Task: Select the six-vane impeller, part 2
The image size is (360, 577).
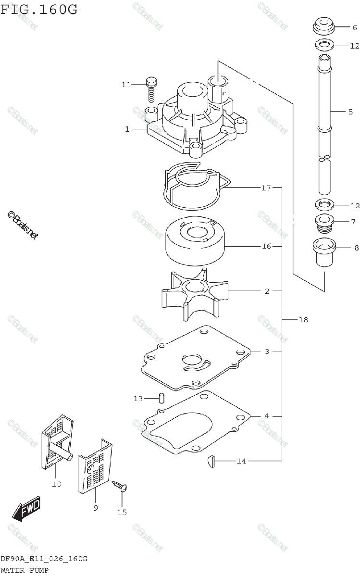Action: (195, 294)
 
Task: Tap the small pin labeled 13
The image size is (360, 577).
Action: (162, 398)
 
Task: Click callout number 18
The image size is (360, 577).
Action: (303, 320)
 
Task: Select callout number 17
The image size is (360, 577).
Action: (266, 188)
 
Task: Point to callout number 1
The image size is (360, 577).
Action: (127, 129)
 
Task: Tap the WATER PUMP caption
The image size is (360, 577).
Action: (25, 570)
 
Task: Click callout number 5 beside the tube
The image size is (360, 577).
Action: (350, 112)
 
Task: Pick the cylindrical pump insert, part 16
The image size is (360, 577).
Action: (194, 243)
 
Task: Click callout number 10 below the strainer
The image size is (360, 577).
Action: (56, 484)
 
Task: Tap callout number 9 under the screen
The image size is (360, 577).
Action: (95, 508)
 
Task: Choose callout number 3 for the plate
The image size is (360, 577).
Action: (267, 351)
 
